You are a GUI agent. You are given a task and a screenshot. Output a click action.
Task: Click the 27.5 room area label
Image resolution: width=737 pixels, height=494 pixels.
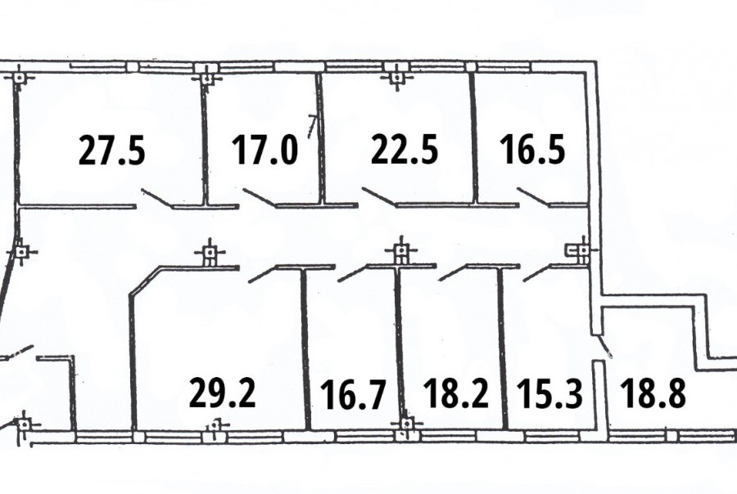point(112,150)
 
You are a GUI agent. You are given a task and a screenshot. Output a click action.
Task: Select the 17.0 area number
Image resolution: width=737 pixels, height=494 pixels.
point(265,150)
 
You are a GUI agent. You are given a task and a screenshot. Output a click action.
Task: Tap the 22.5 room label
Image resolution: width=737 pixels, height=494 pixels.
point(405,150)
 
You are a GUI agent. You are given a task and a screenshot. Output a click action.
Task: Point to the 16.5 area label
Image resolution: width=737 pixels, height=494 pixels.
point(531,150)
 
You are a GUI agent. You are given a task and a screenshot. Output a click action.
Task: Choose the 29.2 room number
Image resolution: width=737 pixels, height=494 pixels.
point(222,393)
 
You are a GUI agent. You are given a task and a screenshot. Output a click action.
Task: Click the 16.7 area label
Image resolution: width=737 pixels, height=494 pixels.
point(353,395)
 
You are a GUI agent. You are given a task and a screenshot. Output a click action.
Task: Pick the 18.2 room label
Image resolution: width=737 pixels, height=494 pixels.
point(456,393)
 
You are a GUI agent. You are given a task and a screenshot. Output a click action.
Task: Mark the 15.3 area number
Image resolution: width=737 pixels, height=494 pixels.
point(549,394)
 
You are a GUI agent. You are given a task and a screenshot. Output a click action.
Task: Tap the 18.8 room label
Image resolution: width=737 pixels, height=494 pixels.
point(653,393)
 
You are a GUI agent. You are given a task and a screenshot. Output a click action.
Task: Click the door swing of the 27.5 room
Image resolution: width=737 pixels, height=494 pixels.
point(157,198)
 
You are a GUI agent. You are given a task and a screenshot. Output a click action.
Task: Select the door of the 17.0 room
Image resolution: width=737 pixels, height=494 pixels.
point(260,198)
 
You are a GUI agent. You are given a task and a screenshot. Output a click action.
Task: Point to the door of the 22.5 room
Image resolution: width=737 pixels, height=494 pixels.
point(380,197)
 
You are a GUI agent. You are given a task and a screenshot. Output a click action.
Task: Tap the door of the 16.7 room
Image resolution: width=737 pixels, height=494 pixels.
point(354,274)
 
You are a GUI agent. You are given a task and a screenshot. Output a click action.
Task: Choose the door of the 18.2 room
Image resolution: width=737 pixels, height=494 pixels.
point(454,272)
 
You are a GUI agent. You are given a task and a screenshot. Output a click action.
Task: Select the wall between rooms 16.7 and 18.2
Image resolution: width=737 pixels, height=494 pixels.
point(400,348)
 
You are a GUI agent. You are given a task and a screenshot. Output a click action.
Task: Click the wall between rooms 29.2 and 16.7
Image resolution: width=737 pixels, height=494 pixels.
point(305,348)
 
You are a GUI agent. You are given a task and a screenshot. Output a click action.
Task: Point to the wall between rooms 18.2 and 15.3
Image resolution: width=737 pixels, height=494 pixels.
point(502,348)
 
